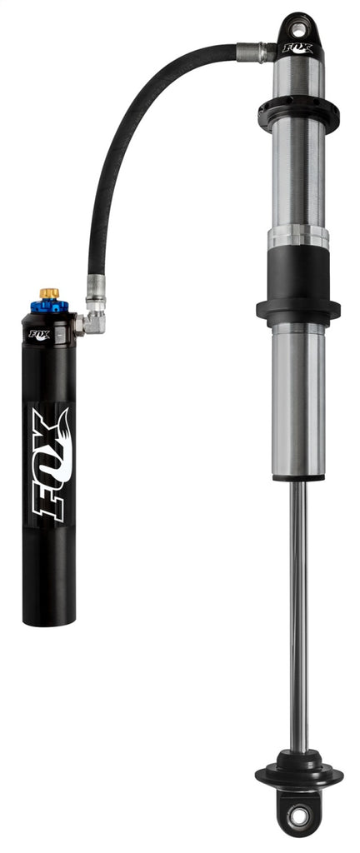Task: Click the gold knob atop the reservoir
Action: click(x=49, y=293)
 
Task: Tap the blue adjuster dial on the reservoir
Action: click(x=49, y=306)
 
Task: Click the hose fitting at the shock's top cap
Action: click(x=255, y=52)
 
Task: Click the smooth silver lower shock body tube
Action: click(x=298, y=400)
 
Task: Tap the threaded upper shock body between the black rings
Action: click(x=298, y=175)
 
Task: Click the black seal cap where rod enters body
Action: click(x=297, y=479)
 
